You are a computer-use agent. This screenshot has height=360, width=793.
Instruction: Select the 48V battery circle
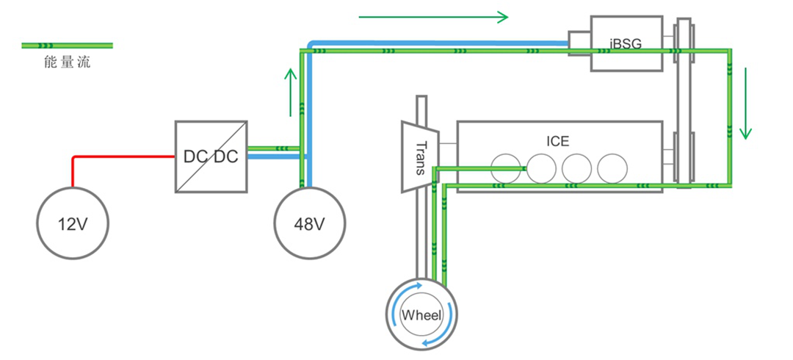pos(309,223)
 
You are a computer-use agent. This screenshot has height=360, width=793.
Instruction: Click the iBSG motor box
pos(625,46)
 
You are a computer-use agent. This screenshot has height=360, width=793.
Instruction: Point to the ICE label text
pos(557,141)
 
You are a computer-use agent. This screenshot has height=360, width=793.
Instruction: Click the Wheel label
pos(421,316)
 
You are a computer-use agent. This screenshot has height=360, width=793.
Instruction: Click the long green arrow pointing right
pos(433,17)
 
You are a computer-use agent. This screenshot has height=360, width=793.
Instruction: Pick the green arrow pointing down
pos(746,103)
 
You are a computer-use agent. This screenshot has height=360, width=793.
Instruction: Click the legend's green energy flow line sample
pos(68,46)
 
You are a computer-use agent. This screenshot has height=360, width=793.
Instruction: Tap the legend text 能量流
pos(67,63)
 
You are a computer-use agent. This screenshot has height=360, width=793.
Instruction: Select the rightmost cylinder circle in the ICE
pos(612,169)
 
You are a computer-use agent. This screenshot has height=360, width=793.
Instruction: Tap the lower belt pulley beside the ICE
pos(684,158)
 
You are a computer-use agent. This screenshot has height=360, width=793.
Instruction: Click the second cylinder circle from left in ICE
pos(542,169)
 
